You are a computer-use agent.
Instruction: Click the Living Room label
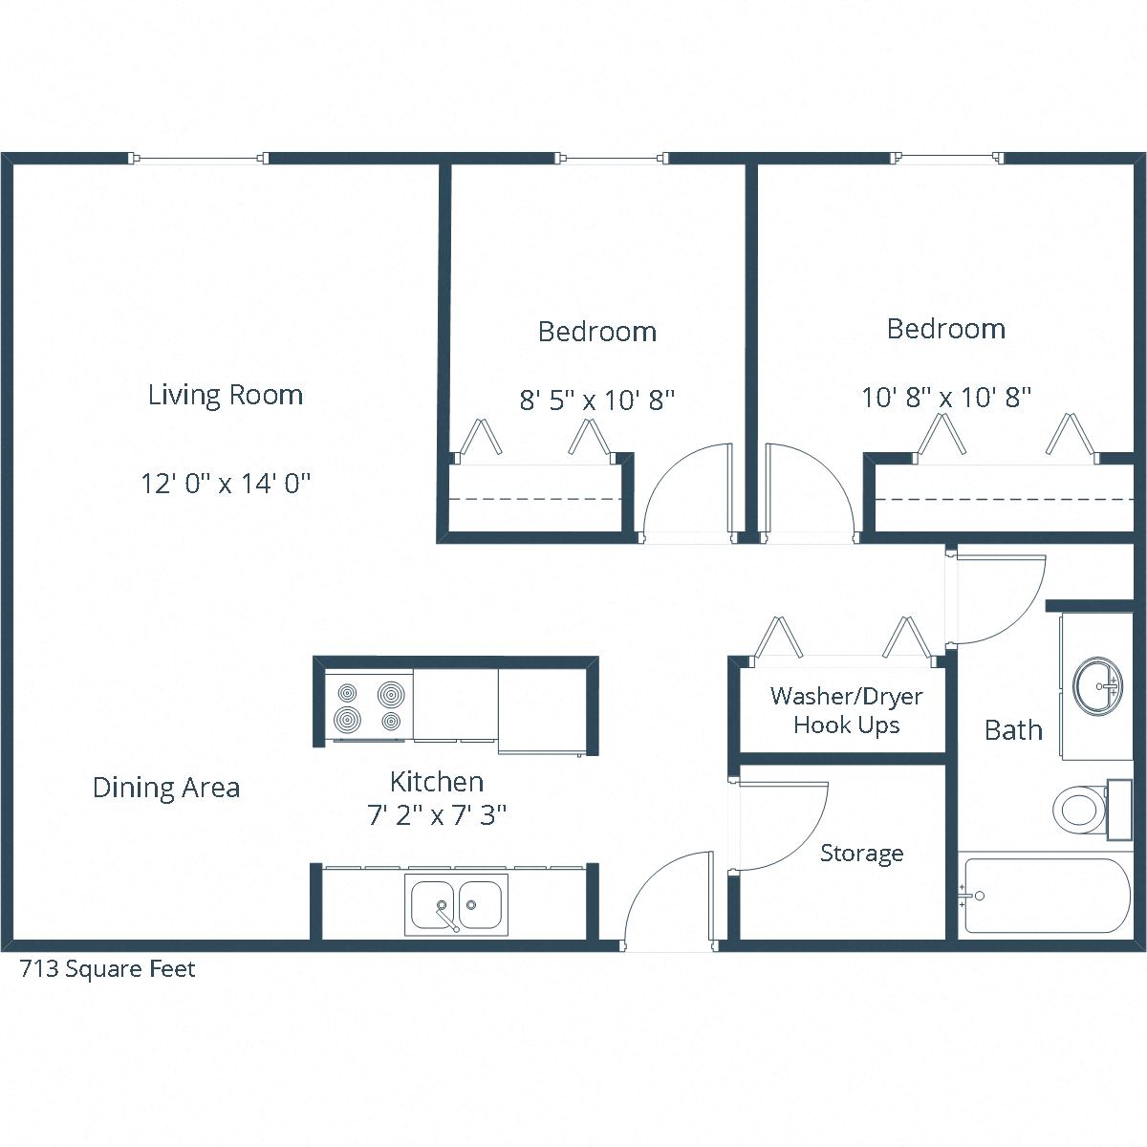pos(226,395)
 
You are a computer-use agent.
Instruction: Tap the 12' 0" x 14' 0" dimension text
pos(227,484)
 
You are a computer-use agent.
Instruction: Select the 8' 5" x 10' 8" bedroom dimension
pos(597,400)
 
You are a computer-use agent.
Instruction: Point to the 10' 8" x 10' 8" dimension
pos(946,397)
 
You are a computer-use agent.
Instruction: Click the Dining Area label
pos(166,788)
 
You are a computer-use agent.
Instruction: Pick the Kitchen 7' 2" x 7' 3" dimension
pos(437,815)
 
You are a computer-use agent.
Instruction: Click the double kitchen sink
pos(456,903)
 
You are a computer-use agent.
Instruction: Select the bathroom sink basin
pos(1098,685)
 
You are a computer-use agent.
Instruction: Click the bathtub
pos(1047,896)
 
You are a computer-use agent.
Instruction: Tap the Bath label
pos(1013,730)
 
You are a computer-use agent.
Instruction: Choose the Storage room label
pos(861,853)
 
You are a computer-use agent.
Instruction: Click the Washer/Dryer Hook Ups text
pos(846,710)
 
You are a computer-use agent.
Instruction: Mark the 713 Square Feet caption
pos(108,969)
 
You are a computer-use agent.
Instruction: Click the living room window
pos(200,158)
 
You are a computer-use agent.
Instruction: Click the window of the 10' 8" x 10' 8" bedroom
pos(948,158)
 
